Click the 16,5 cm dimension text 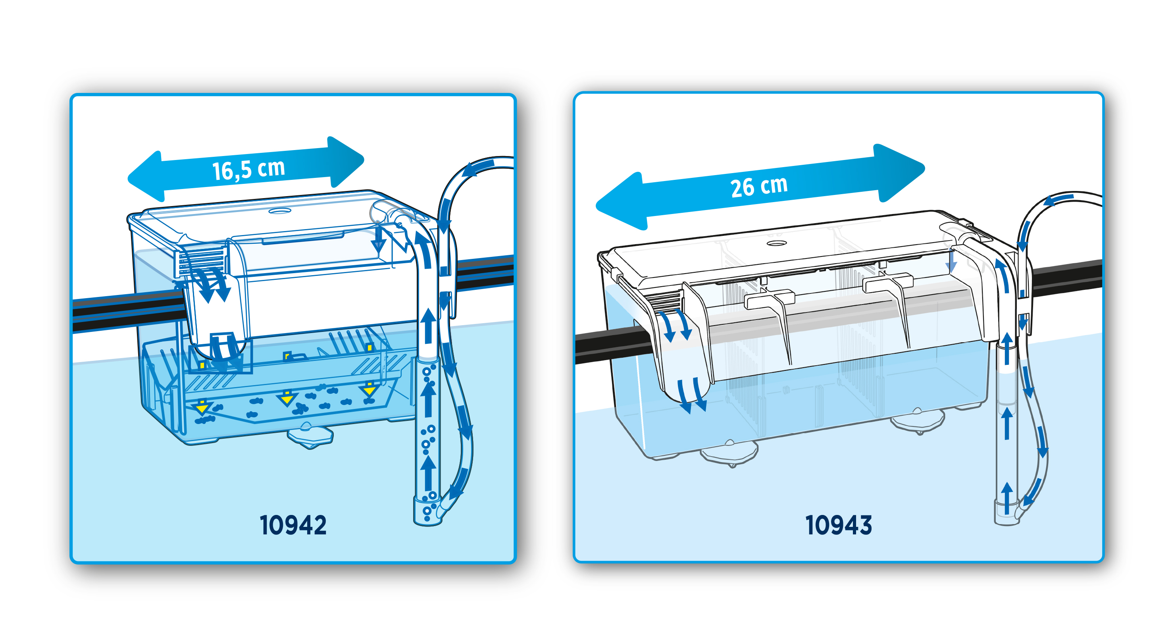coord(248,169)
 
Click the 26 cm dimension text coord(758,187)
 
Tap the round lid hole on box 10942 coord(279,211)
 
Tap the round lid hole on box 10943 coord(777,243)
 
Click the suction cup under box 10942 coord(310,436)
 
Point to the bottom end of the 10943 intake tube coord(1006,517)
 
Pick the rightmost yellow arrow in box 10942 coord(369,389)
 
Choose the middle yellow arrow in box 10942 coord(287,398)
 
